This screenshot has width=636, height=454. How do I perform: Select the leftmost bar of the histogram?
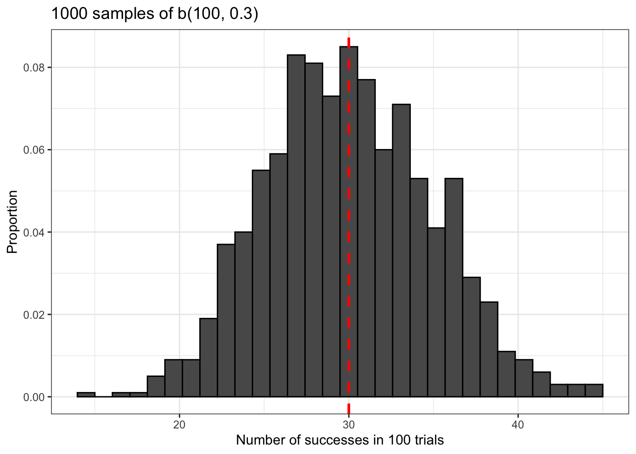pos(86,394)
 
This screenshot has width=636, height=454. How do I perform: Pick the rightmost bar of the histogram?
pos(594,391)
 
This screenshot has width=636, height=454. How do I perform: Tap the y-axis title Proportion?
pos(12,222)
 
